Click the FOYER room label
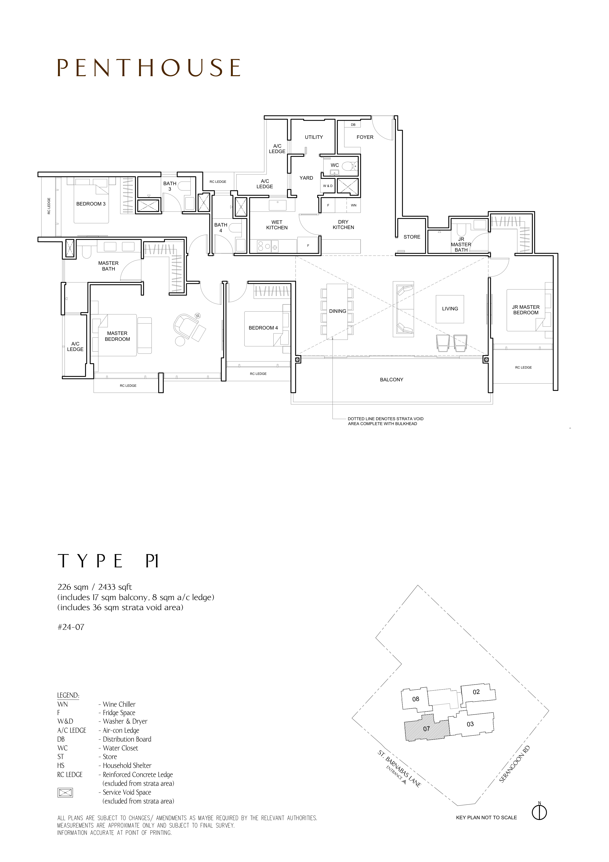[x=365, y=137]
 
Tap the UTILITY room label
[x=314, y=137]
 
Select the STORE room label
[x=412, y=237]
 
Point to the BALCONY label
[x=391, y=380]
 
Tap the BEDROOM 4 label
[x=263, y=328]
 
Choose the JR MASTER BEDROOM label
[x=526, y=310]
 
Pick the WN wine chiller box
[x=354, y=205]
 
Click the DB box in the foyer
[x=353, y=125]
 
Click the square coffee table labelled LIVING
[x=450, y=309]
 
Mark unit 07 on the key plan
[x=426, y=729]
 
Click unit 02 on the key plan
[x=476, y=692]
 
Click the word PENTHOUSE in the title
[x=149, y=68]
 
